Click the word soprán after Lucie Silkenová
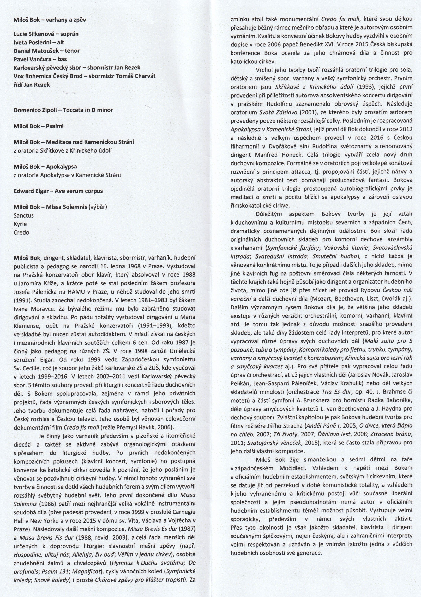pyautogui.click(x=69, y=34)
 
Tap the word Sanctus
pyautogui.click(x=24, y=215)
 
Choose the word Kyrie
pyautogui.click(x=20, y=224)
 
